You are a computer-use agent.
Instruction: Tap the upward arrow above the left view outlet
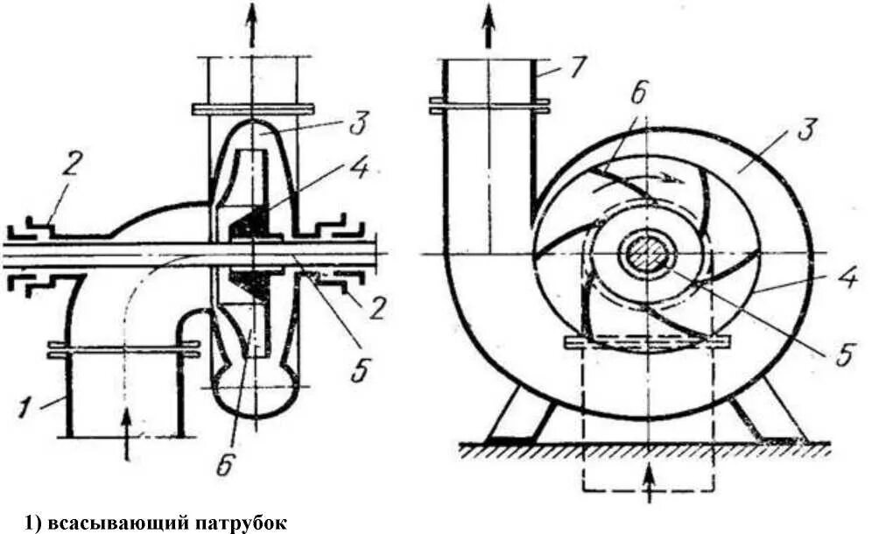click(252, 26)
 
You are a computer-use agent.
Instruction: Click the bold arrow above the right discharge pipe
click(488, 29)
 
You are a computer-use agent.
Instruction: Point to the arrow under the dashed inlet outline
click(649, 484)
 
